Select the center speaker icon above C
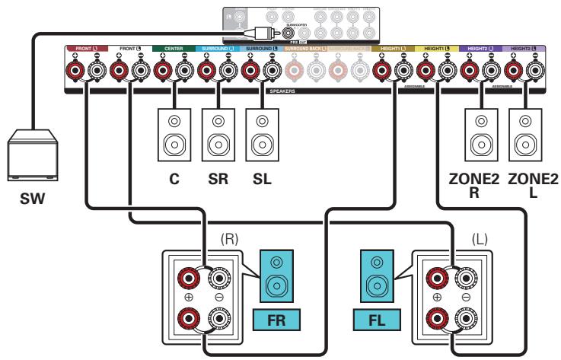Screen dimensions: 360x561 (174, 134)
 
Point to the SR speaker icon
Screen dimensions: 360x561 (218, 134)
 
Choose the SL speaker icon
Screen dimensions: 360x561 (262, 134)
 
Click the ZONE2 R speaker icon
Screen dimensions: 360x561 (480, 134)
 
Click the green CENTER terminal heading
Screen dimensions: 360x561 (174, 49)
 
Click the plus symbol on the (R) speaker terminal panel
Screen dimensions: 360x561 (186, 296)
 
